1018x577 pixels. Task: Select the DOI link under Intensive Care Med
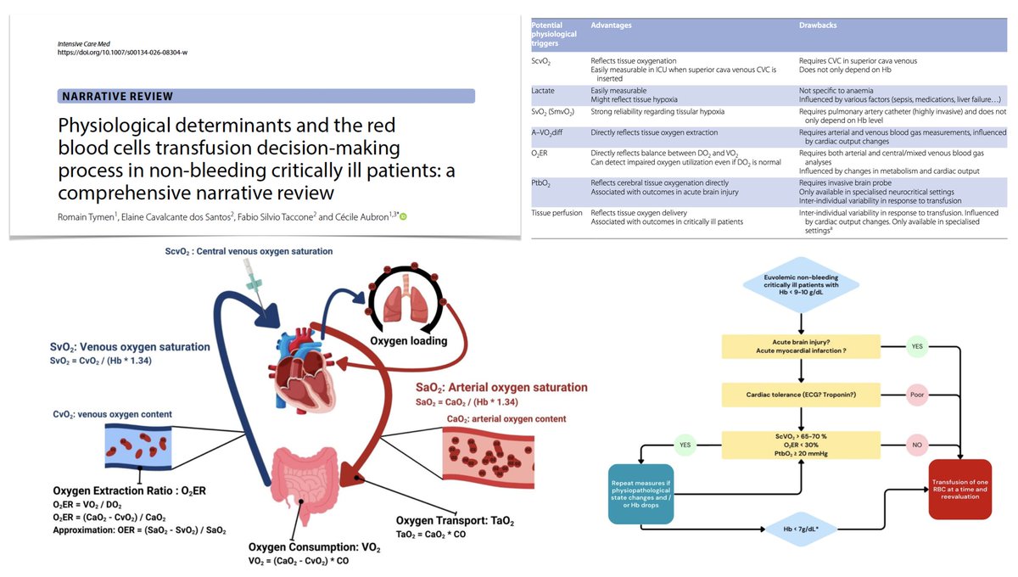coord(124,52)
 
